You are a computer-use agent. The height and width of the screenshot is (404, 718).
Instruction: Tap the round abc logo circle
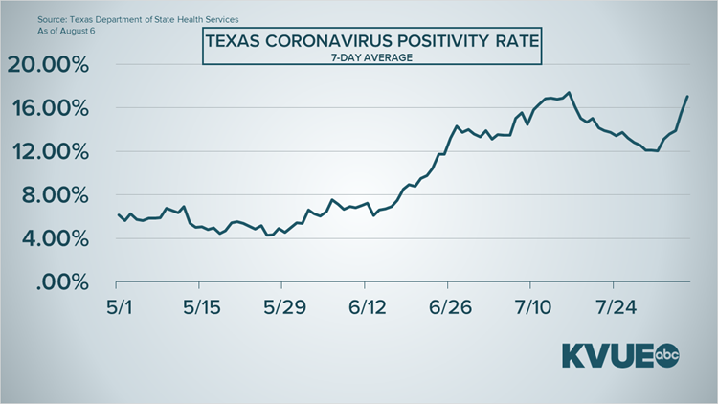(668, 355)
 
